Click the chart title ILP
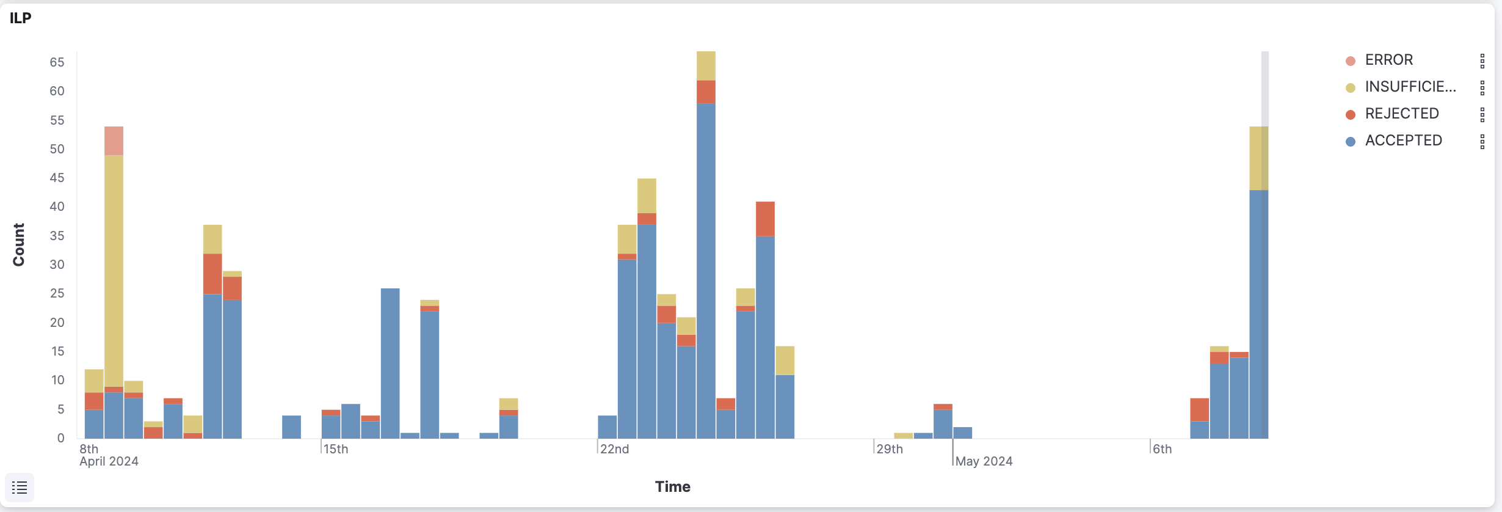(20, 18)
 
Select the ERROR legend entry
(1388, 60)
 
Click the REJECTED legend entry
(1401, 114)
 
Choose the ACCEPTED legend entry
(1403, 141)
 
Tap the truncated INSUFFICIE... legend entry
(1410, 87)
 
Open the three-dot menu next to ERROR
(1482, 60)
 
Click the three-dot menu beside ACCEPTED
(1482, 141)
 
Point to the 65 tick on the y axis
(57, 62)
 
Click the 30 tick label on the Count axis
(57, 265)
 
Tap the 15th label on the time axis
(335, 449)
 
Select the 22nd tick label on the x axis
(614, 449)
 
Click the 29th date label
(890, 449)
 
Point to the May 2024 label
(984, 461)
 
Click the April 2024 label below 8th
(109, 461)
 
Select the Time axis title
(672, 487)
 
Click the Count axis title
(19, 244)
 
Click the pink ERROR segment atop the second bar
(114, 141)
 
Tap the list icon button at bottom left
(20, 488)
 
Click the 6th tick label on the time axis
(1162, 449)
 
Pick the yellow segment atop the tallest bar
(706, 65)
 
